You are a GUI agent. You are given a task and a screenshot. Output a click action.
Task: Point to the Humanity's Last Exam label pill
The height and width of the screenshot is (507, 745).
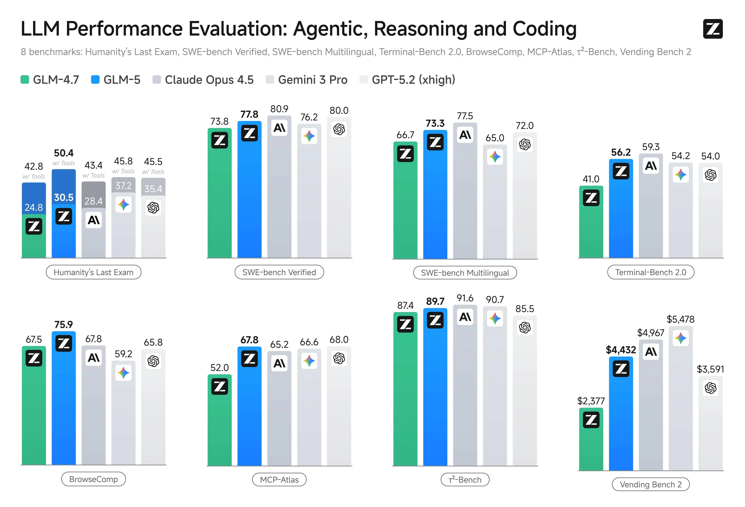tap(93, 272)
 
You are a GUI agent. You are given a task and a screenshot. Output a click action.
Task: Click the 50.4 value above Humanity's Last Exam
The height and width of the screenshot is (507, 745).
tap(63, 153)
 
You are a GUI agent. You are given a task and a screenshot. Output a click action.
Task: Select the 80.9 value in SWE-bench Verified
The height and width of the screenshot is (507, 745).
tap(279, 109)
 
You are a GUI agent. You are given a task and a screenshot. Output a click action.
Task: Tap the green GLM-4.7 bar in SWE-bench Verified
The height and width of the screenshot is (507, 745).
tap(220, 199)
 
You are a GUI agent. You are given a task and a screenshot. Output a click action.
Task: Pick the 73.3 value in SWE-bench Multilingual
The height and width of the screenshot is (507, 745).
tap(435, 123)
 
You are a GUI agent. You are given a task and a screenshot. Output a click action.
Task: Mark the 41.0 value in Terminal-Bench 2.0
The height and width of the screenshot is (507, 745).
tap(591, 179)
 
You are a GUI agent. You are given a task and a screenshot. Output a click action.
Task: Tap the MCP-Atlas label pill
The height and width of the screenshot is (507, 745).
tap(279, 480)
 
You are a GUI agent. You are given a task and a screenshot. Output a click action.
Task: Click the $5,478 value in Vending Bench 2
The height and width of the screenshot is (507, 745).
tap(681, 319)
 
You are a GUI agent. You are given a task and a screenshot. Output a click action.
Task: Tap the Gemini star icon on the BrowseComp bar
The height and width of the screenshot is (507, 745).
tap(123, 373)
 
